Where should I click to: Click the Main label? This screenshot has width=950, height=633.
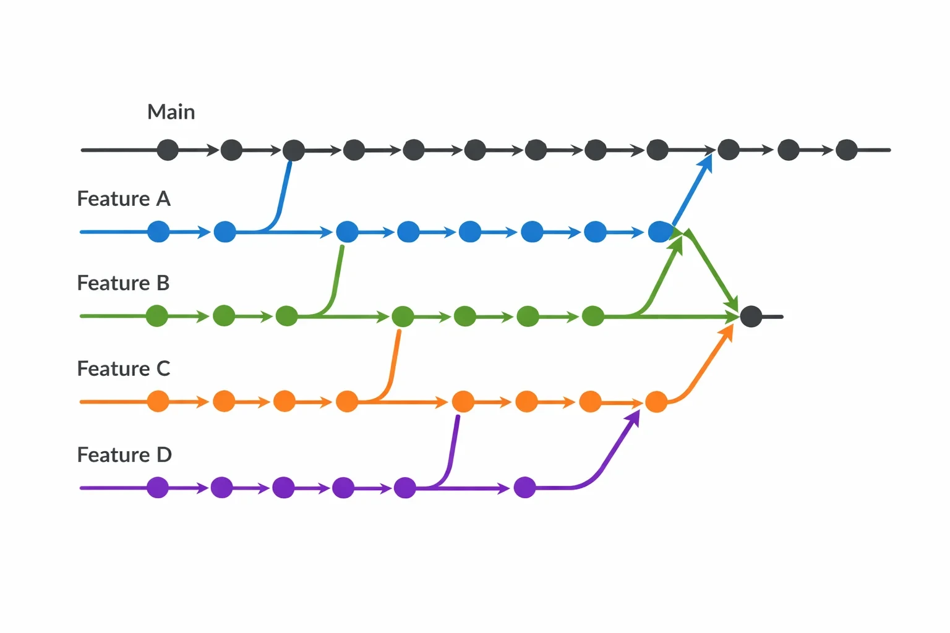tap(171, 112)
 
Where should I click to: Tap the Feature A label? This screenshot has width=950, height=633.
tap(124, 199)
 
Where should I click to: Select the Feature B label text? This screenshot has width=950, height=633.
tap(124, 283)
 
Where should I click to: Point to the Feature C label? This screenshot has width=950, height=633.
tap(124, 368)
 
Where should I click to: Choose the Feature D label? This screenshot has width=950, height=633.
tap(125, 454)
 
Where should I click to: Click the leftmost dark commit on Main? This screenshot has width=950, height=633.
tap(168, 150)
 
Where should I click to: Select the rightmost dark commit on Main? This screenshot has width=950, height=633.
tap(847, 150)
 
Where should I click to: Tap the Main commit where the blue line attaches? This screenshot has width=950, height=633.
tap(294, 150)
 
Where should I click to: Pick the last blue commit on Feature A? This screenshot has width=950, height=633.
tap(659, 232)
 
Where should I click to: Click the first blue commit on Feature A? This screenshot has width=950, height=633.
tap(158, 231)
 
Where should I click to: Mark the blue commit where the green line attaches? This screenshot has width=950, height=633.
tap(347, 231)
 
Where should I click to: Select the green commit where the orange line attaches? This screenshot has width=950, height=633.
tap(403, 316)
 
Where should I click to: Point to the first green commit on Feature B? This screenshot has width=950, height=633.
tap(156, 316)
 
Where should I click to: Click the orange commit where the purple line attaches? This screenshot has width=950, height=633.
tap(463, 402)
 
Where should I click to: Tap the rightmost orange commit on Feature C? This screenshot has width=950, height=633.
tap(656, 402)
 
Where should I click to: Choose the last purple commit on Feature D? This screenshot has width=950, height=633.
tap(524, 488)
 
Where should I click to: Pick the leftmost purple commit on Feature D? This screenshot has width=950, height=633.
tap(157, 488)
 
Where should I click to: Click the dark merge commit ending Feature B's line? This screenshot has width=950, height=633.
tap(751, 316)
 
